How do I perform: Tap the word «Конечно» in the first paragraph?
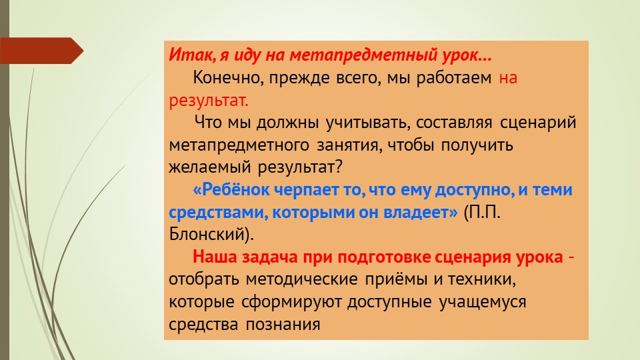(221, 77)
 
